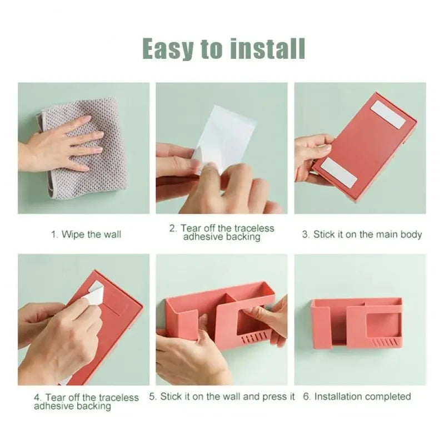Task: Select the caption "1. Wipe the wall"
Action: click(86, 235)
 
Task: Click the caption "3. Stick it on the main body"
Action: click(362, 235)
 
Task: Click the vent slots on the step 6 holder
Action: click(384, 342)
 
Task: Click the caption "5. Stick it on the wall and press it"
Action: click(222, 397)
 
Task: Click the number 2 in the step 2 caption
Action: click(173, 228)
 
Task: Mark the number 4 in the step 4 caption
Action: click(37, 398)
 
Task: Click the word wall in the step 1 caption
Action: click(112, 235)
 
